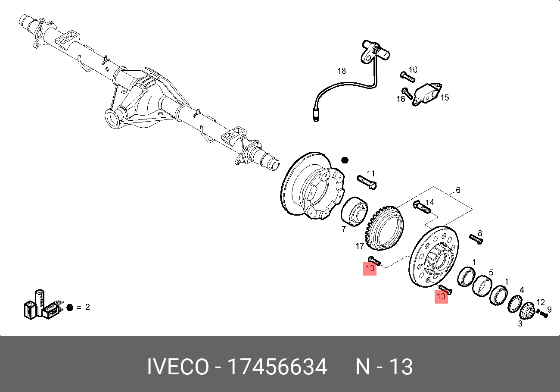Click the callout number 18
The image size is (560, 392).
click(x=342, y=71)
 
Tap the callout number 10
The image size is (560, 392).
click(x=413, y=69)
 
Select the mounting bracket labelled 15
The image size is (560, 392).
click(x=427, y=94)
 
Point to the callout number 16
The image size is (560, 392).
click(x=401, y=99)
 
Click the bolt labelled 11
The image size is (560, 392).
click(x=367, y=182)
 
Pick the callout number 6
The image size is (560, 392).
click(x=458, y=190)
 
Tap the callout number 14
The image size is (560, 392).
click(x=429, y=202)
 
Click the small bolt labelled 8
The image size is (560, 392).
click(x=476, y=239)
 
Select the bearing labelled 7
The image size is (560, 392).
click(x=354, y=211)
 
